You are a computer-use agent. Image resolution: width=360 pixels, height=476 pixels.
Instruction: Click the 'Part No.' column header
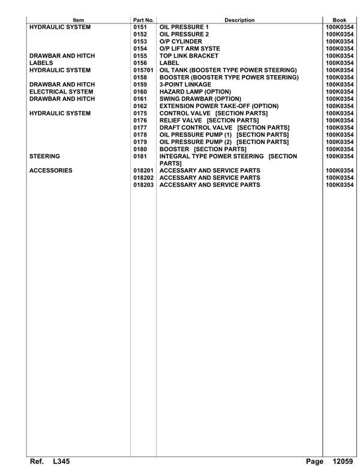pyautogui.click(x=143, y=20)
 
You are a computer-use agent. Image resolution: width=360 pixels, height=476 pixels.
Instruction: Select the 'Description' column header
pyautogui.click(x=239, y=20)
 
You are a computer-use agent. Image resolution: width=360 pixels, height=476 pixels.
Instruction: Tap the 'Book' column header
pyautogui.click(x=340, y=20)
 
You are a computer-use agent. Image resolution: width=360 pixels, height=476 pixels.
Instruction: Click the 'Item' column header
pyautogui.click(x=79, y=20)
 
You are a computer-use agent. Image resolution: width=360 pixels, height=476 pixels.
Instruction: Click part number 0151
pyautogui.click(x=140, y=27)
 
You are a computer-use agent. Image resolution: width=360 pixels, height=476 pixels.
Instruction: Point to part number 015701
pyautogui.click(x=143, y=70)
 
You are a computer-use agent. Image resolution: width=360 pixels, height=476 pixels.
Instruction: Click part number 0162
pyautogui.click(x=140, y=106)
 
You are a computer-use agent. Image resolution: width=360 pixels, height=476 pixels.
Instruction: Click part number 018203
pyautogui.click(x=143, y=185)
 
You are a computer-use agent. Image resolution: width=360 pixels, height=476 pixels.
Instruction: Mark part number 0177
pyautogui.click(x=140, y=128)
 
